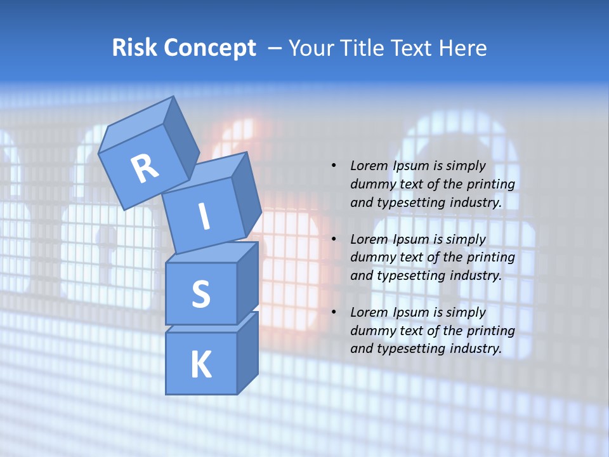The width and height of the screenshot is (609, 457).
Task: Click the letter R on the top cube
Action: pos(145,169)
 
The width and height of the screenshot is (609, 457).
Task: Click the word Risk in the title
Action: pos(134,48)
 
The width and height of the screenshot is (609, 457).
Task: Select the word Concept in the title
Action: pos(209,48)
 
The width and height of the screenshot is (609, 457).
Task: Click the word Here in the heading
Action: pos(464,48)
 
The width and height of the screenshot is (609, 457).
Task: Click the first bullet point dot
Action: pos(334,166)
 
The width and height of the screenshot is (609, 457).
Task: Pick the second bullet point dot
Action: pos(334,239)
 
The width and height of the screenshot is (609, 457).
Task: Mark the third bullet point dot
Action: pos(334,312)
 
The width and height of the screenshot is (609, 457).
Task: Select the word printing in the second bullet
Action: pos(491,258)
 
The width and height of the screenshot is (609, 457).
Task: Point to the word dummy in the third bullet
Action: pos(370,331)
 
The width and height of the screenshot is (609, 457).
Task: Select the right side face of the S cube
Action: pos(247,282)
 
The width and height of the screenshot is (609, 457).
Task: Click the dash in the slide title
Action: pos(276,48)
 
